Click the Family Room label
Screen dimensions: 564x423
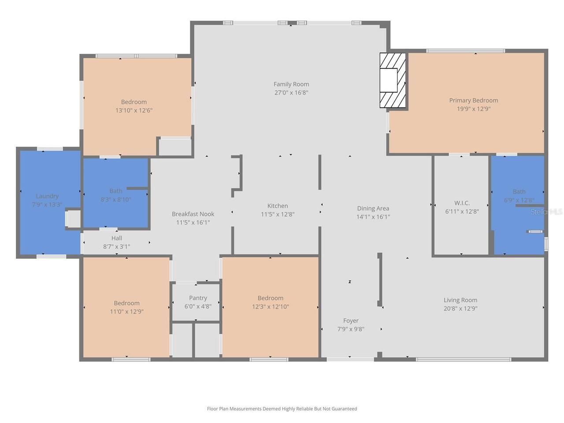click(x=291, y=84)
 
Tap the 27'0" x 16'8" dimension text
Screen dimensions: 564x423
click(x=291, y=93)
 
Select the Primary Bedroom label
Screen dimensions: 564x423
click(x=473, y=100)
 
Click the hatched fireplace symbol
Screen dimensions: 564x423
click(x=392, y=80)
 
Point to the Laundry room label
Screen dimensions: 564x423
click(x=47, y=196)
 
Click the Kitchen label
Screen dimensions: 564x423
click(x=278, y=206)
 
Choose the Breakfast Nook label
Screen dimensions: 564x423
click(x=193, y=214)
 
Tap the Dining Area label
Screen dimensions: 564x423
click(x=373, y=208)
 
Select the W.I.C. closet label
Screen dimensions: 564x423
click(x=462, y=203)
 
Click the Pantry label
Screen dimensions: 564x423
click(x=198, y=298)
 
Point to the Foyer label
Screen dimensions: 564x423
click(x=351, y=320)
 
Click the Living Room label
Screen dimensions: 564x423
click(x=460, y=300)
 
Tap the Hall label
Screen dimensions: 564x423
click(x=117, y=238)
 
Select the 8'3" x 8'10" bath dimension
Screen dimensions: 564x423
click(x=115, y=199)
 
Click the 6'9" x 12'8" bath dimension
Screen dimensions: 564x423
click(x=519, y=200)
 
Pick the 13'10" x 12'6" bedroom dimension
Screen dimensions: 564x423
click(x=134, y=111)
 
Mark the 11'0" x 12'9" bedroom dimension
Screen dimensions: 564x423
click(x=126, y=312)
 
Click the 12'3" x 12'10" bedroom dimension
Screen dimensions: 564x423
click(x=270, y=306)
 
